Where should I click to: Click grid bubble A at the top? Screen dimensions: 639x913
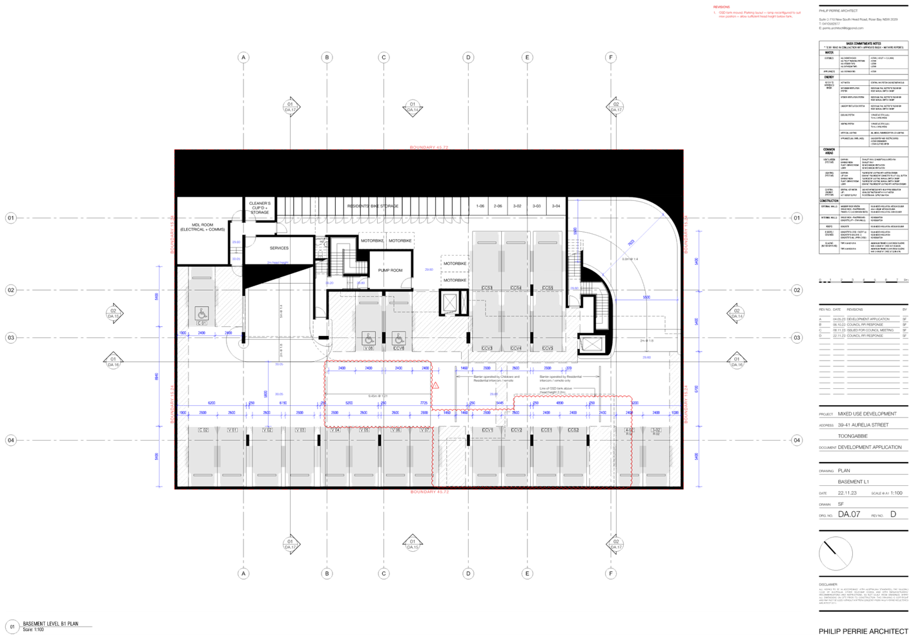point(243,58)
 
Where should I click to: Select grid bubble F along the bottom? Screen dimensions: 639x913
point(611,572)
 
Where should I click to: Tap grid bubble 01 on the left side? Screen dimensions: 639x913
point(11,218)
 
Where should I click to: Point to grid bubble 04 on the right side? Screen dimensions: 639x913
point(797,440)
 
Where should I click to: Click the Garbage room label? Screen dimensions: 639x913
point(279,248)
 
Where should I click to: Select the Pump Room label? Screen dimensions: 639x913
point(390,269)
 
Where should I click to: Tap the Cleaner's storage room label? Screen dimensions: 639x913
point(260,207)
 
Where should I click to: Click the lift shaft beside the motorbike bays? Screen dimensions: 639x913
point(450,302)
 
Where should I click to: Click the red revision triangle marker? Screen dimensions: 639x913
point(436,385)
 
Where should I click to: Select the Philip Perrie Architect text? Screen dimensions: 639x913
point(863,631)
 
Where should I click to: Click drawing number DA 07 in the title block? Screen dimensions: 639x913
point(849,514)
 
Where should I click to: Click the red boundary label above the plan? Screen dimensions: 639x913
point(429,147)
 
